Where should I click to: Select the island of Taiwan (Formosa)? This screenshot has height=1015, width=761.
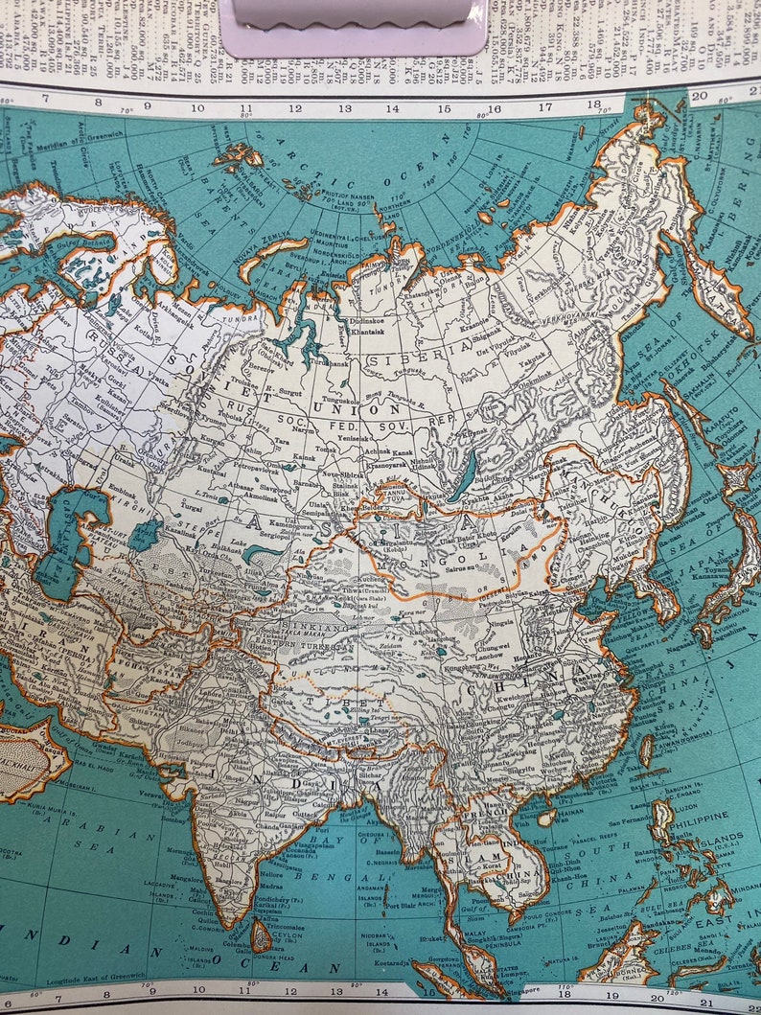[x=647, y=750]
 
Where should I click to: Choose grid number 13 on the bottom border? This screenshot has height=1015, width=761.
[x=336, y=994]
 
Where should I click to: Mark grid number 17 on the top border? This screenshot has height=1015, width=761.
[x=545, y=108]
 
